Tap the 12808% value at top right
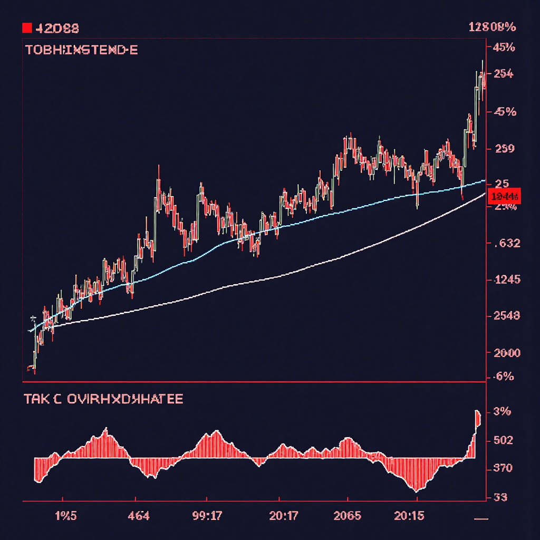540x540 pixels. point(491,28)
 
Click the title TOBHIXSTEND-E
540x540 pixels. point(81,51)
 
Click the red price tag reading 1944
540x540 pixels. point(505,197)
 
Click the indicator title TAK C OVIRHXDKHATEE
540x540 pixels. point(103,399)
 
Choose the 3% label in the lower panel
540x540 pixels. point(502,412)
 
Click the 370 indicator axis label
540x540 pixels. point(502,468)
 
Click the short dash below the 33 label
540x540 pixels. point(481,519)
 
